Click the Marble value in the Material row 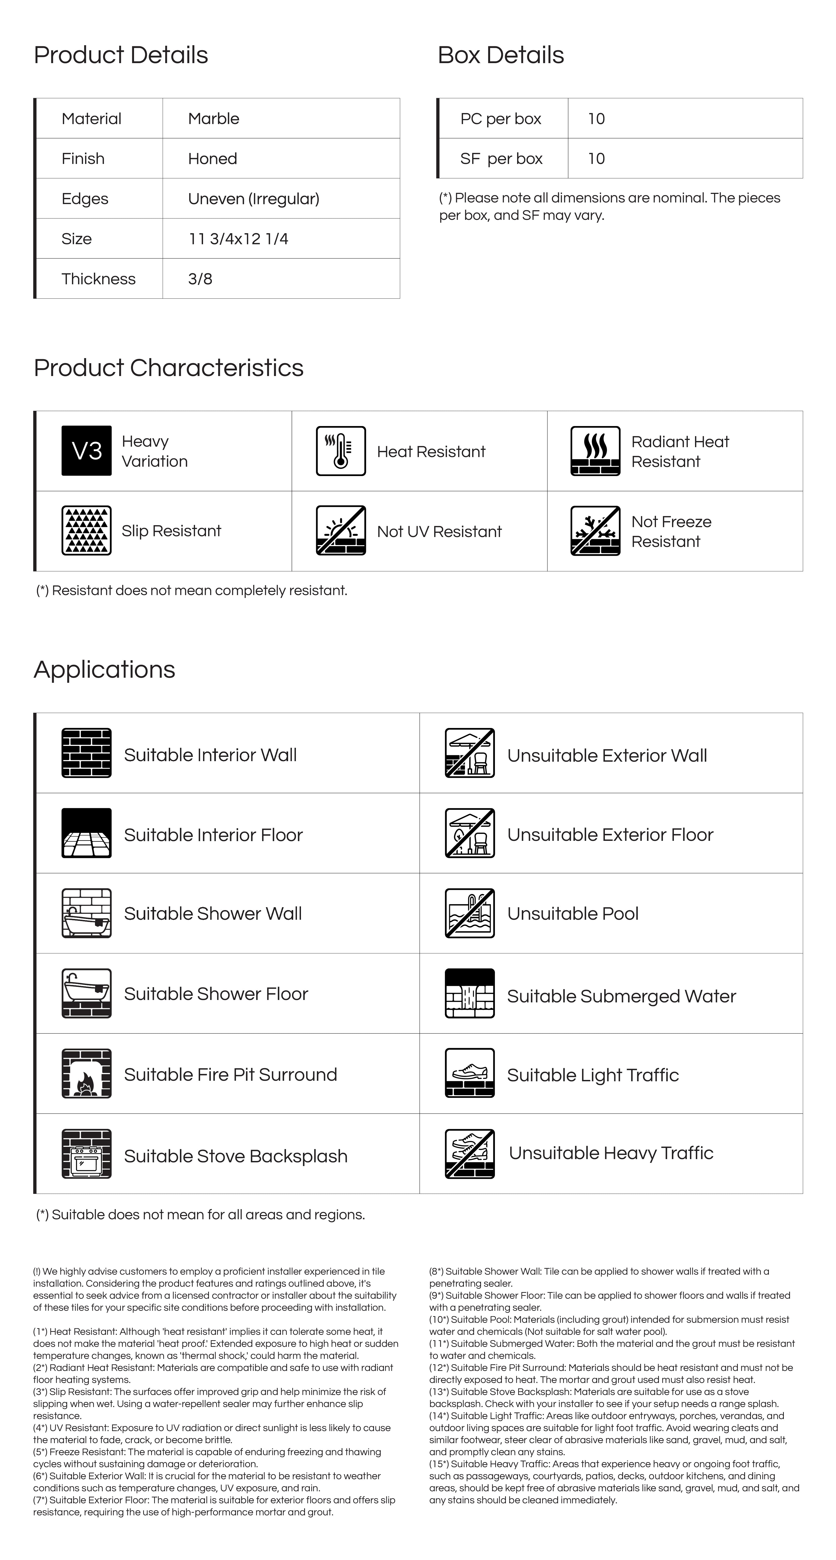213,119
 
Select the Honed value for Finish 212,159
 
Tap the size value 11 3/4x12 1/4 238,239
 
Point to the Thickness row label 98,279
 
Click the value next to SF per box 596,159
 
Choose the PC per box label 500,119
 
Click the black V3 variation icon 87,451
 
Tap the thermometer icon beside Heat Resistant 341,451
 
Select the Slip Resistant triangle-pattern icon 87,531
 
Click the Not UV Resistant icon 341,531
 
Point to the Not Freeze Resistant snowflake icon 595,531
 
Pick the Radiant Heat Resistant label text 680,451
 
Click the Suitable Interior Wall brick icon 87,753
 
